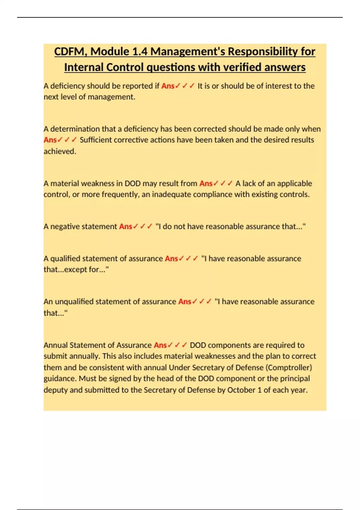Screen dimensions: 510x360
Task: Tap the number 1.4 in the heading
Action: [139, 52]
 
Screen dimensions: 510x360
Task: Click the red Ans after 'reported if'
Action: [168, 86]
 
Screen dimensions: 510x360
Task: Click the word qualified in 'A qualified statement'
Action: [65, 259]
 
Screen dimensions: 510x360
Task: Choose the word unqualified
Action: [74, 301]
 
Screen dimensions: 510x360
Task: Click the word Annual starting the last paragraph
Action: [55, 345]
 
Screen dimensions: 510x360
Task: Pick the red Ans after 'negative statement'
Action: [125, 226]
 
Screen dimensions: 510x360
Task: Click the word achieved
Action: [60, 151]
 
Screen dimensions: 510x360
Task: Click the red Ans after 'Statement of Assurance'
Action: [160, 345]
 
